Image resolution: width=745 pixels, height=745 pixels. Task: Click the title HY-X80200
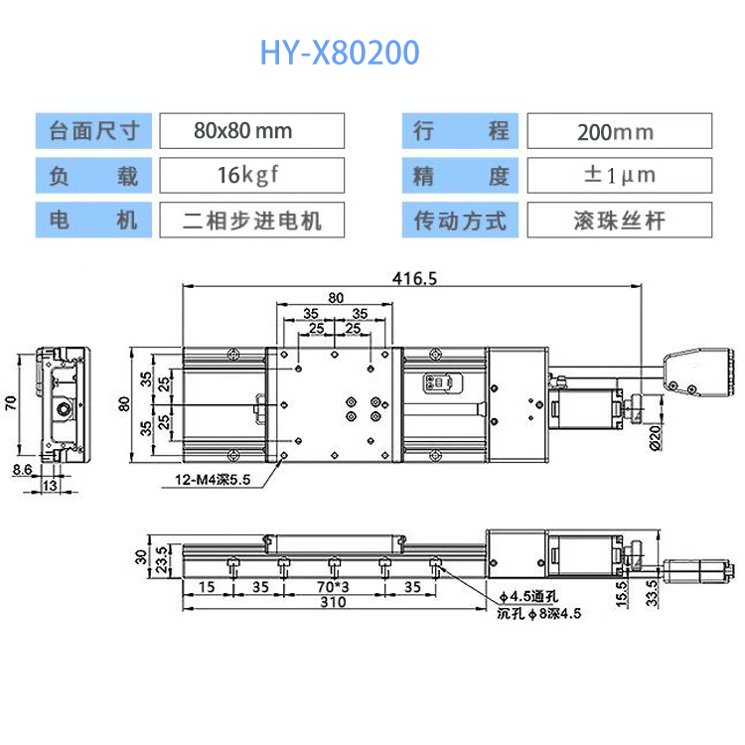pyautogui.click(x=340, y=53)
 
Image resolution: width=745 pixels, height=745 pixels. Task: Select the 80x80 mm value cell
pyautogui.click(x=252, y=131)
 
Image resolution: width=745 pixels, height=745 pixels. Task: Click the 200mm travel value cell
pyautogui.click(x=620, y=131)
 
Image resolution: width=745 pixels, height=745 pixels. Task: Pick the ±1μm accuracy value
pyautogui.click(x=620, y=175)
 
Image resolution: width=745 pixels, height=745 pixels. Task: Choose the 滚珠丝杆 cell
pyautogui.click(x=620, y=220)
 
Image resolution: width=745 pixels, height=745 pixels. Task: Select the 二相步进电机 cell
pyautogui.click(x=252, y=220)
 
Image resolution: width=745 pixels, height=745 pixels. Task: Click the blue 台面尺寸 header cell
pyautogui.click(x=93, y=131)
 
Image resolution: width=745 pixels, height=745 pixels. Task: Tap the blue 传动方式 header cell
pyautogui.click(x=460, y=220)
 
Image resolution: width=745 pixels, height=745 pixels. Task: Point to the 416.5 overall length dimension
pyautogui.click(x=414, y=278)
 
